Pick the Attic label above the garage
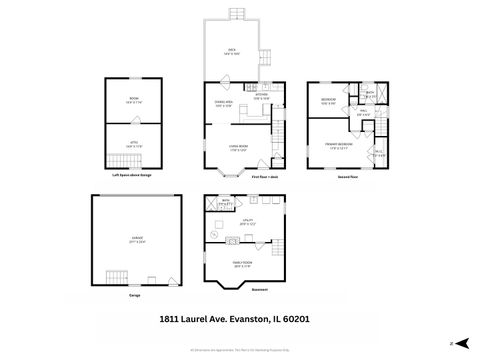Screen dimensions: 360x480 tap(132, 144)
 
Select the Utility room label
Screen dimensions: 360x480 tap(246, 221)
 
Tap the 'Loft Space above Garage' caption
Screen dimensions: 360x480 tap(132, 176)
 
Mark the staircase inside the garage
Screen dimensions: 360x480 tap(118, 277)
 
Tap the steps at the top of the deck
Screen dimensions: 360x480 tap(237, 13)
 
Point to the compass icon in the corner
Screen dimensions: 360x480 tap(454, 342)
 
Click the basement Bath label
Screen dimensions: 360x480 tap(226, 201)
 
